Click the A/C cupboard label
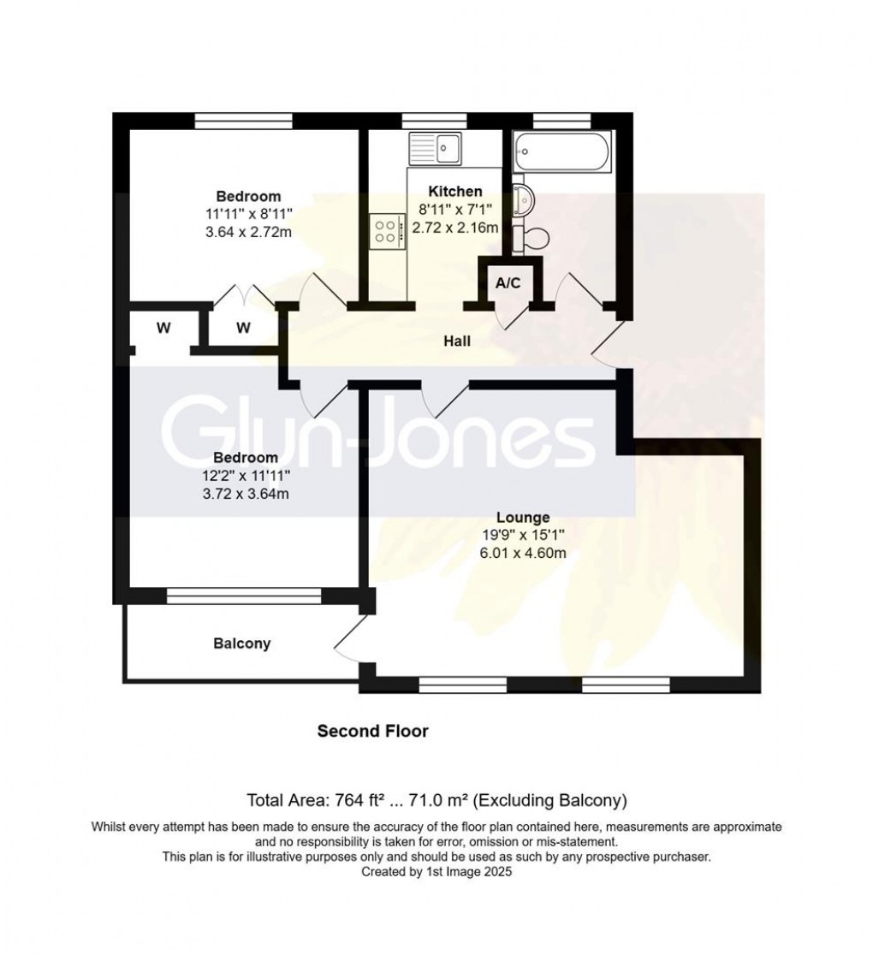point(508,283)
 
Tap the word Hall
point(456,341)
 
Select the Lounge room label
point(523,517)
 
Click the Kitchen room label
point(455,191)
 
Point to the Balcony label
point(241,644)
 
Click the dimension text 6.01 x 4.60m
point(523,553)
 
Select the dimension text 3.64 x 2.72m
point(247,232)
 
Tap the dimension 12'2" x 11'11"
point(246,476)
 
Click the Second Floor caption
point(372,731)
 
